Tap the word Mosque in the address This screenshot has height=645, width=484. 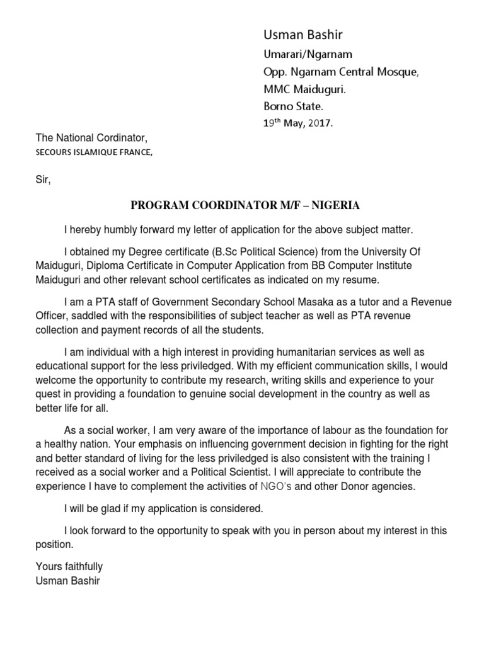point(397,72)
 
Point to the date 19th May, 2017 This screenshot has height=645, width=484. point(297,123)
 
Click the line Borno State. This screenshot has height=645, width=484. point(293,106)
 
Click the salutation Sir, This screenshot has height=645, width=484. point(42,180)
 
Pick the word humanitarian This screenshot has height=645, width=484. point(275,352)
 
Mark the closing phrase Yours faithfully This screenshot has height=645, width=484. point(69,566)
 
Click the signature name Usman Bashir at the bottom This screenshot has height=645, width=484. point(68,581)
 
